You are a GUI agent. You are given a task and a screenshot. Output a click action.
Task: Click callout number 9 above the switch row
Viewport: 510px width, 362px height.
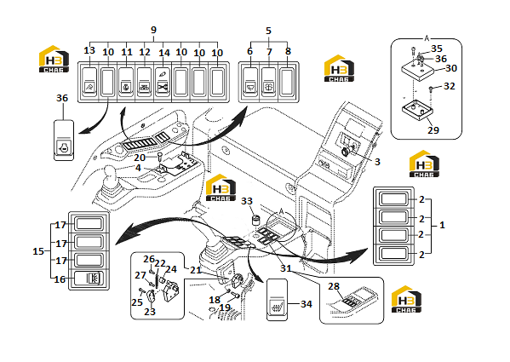(153, 30)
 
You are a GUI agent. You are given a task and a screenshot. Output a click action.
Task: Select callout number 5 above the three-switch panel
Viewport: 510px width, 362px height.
(268, 31)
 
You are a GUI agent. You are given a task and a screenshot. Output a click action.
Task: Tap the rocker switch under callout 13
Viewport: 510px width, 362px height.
(89, 82)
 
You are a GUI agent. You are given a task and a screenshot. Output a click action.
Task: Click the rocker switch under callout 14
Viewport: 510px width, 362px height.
(163, 82)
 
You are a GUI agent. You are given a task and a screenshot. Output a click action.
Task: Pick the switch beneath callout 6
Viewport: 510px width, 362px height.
(249, 82)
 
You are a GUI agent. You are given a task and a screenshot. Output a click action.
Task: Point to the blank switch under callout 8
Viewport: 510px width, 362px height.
(287, 82)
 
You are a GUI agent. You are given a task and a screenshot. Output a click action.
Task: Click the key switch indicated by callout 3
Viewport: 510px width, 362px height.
(346, 151)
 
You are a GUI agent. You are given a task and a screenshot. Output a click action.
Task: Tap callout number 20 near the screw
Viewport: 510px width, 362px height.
(140, 158)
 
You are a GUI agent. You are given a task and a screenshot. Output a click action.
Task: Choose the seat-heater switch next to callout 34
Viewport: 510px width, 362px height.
(277, 300)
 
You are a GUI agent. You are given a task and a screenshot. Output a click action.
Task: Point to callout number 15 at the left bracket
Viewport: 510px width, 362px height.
(38, 251)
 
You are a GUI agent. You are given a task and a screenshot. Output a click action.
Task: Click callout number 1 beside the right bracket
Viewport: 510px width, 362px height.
(442, 225)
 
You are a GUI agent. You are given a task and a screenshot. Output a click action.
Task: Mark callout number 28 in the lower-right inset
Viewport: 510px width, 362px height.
(334, 286)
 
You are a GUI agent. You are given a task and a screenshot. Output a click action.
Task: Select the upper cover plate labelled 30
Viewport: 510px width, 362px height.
(418, 72)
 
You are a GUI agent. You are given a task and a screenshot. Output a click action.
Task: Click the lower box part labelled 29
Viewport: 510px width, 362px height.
(418, 111)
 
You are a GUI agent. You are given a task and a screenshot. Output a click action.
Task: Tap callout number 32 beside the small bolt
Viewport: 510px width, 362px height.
(450, 86)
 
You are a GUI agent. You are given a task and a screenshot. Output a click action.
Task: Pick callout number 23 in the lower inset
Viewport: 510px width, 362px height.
(150, 312)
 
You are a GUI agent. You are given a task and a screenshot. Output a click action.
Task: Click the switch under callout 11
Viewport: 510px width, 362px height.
(126, 82)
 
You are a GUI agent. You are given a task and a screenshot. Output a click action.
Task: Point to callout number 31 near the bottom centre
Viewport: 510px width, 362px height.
(286, 268)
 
